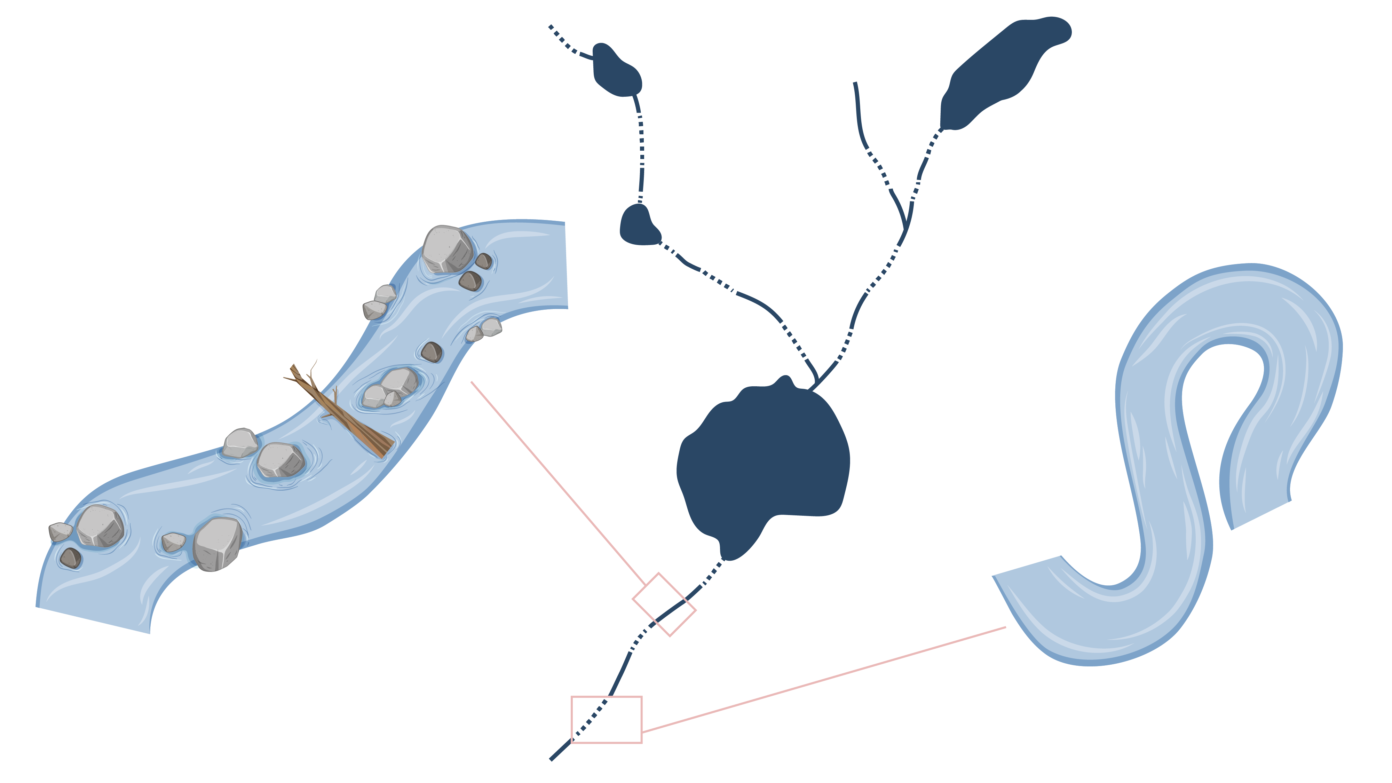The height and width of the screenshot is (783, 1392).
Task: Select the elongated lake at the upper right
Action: pyautogui.click(x=1000, y=70)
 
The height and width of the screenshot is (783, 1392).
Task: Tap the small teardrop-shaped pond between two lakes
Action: pyautogui.click(x=639, y=226)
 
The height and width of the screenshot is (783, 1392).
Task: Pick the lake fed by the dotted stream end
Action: pyautogui.click(x=616, y=70)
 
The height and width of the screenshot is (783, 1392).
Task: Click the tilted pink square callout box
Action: pyautogui.click(x=664, y=604)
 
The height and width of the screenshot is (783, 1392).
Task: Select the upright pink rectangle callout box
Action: pyautogui.click(x=606, y=719)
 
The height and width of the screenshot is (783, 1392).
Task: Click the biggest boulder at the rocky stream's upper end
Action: pyautogui.click(x=448, y=248)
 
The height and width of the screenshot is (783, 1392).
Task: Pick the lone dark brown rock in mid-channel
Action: pyautogui.click(x=431, y=352)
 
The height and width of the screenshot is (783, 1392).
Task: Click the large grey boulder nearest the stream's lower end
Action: pyautogui.click(x=217, y=543)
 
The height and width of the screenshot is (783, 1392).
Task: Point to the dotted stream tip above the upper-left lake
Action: pyautogui.click(x=551, y=26)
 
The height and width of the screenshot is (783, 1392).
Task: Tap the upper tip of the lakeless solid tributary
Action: pyautogui.click(x=855, y=84)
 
